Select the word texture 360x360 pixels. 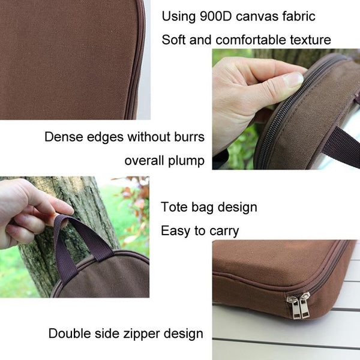[x=310, y=40]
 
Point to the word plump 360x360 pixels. [x=186, y=161]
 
